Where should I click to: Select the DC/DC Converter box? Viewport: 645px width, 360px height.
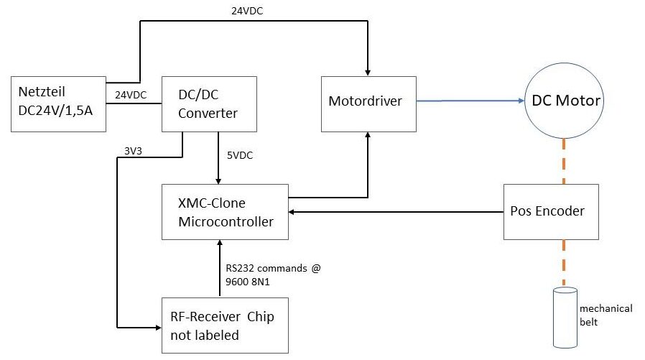208,104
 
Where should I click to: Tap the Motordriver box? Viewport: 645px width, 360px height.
368,102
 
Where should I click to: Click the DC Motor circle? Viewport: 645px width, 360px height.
565,100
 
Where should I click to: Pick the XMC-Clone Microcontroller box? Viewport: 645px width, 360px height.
225,213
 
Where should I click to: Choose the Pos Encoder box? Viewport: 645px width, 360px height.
552,212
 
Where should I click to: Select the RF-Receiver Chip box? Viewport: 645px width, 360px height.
225,324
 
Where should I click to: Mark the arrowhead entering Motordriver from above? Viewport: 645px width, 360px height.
368,70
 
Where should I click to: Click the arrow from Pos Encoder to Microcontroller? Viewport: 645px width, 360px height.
395,212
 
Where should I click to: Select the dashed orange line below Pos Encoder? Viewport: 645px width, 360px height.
563,262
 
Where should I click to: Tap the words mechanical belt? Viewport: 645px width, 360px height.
605,314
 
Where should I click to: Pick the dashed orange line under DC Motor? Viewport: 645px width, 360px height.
564,161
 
